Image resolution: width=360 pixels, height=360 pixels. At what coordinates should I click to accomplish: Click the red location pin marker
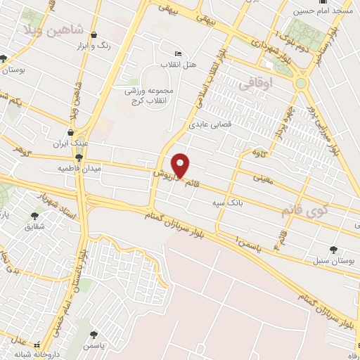click(x=181, y=165)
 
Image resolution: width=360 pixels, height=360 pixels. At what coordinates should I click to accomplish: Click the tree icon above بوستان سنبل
click(x=333, y=250)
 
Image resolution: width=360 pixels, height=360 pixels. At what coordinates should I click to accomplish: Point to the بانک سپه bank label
click(x=226, y=203)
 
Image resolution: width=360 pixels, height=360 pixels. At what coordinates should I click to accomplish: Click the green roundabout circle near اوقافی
click(x=302, y=83)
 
